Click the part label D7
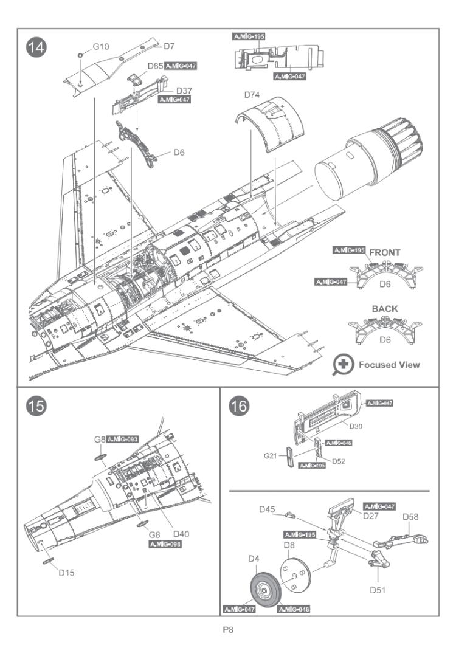point(169,46)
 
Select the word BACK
point(385,309)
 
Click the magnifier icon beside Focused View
point(343,365)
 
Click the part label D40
point(181,534)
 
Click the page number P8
point(228,629)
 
